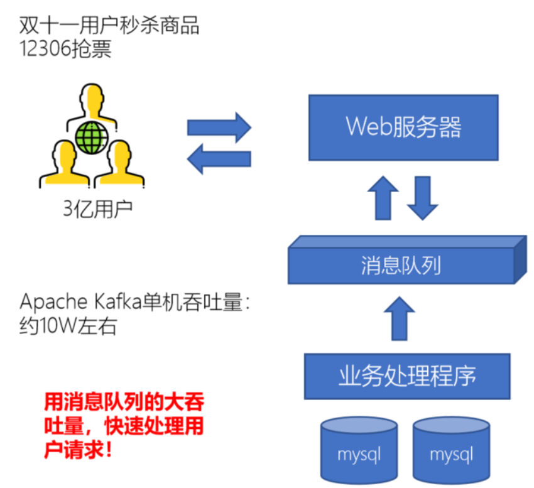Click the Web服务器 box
(403, 127)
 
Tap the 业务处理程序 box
(407, 376)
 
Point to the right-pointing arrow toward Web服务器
(219, 128)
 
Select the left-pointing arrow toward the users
(219, 158)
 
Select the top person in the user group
(92, 104)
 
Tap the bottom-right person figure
(119, 165)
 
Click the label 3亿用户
(97, 209)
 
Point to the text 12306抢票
(65, 50)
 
